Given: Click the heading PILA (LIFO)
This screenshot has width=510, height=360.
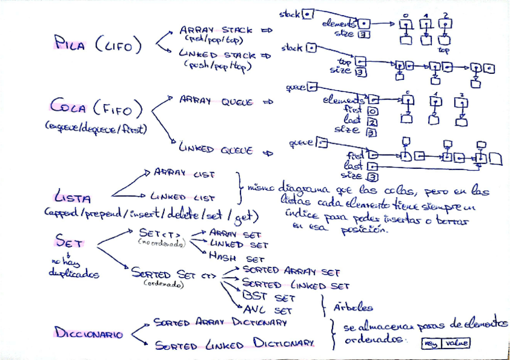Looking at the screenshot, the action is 98,43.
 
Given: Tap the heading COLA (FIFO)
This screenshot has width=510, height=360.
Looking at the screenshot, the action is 97,109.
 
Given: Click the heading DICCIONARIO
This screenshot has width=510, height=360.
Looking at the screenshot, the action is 89,332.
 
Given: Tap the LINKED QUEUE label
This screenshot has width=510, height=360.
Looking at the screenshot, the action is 215,150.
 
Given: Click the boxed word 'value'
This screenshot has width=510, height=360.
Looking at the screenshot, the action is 455,343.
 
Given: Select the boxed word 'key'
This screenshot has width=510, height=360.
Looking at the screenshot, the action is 431,343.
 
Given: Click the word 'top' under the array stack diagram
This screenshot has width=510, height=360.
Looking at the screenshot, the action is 444,51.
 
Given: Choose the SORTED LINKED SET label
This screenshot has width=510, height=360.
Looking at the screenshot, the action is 295,285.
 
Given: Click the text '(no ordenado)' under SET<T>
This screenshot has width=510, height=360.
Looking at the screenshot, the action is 159,242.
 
